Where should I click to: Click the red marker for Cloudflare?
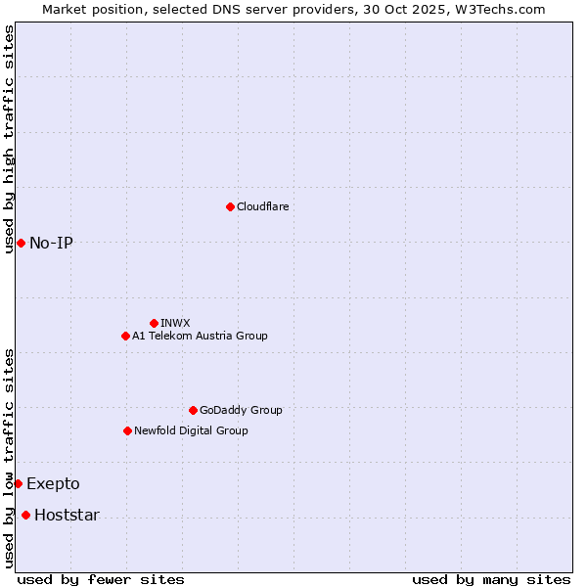tap(230, 206)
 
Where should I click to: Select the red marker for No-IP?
tap(21, 243)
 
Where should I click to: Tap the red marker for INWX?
tap(154, 323)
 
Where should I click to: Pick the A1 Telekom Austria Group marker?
tap(125, 336)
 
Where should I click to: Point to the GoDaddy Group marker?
tap(193, 410)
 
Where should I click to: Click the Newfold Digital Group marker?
tap(127, 430)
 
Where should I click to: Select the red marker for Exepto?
tap(18, 483)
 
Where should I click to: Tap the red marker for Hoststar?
tap(25, 515)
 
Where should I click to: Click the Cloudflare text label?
tap(262, 206)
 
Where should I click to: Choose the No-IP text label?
tap(51, 243)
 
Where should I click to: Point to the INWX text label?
tap(175, 323)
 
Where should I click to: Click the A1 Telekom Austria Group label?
tap(200, 336)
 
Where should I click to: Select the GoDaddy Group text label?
tap(241, 410)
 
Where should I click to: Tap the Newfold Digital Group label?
tap(191, 430)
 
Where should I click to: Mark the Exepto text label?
tap(53, 483)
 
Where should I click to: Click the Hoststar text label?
tap(67, 515)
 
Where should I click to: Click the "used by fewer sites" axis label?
tap(101, 579)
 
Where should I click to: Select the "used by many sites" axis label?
tap(491, 579)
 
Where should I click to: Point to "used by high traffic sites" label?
tap(9, 139)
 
